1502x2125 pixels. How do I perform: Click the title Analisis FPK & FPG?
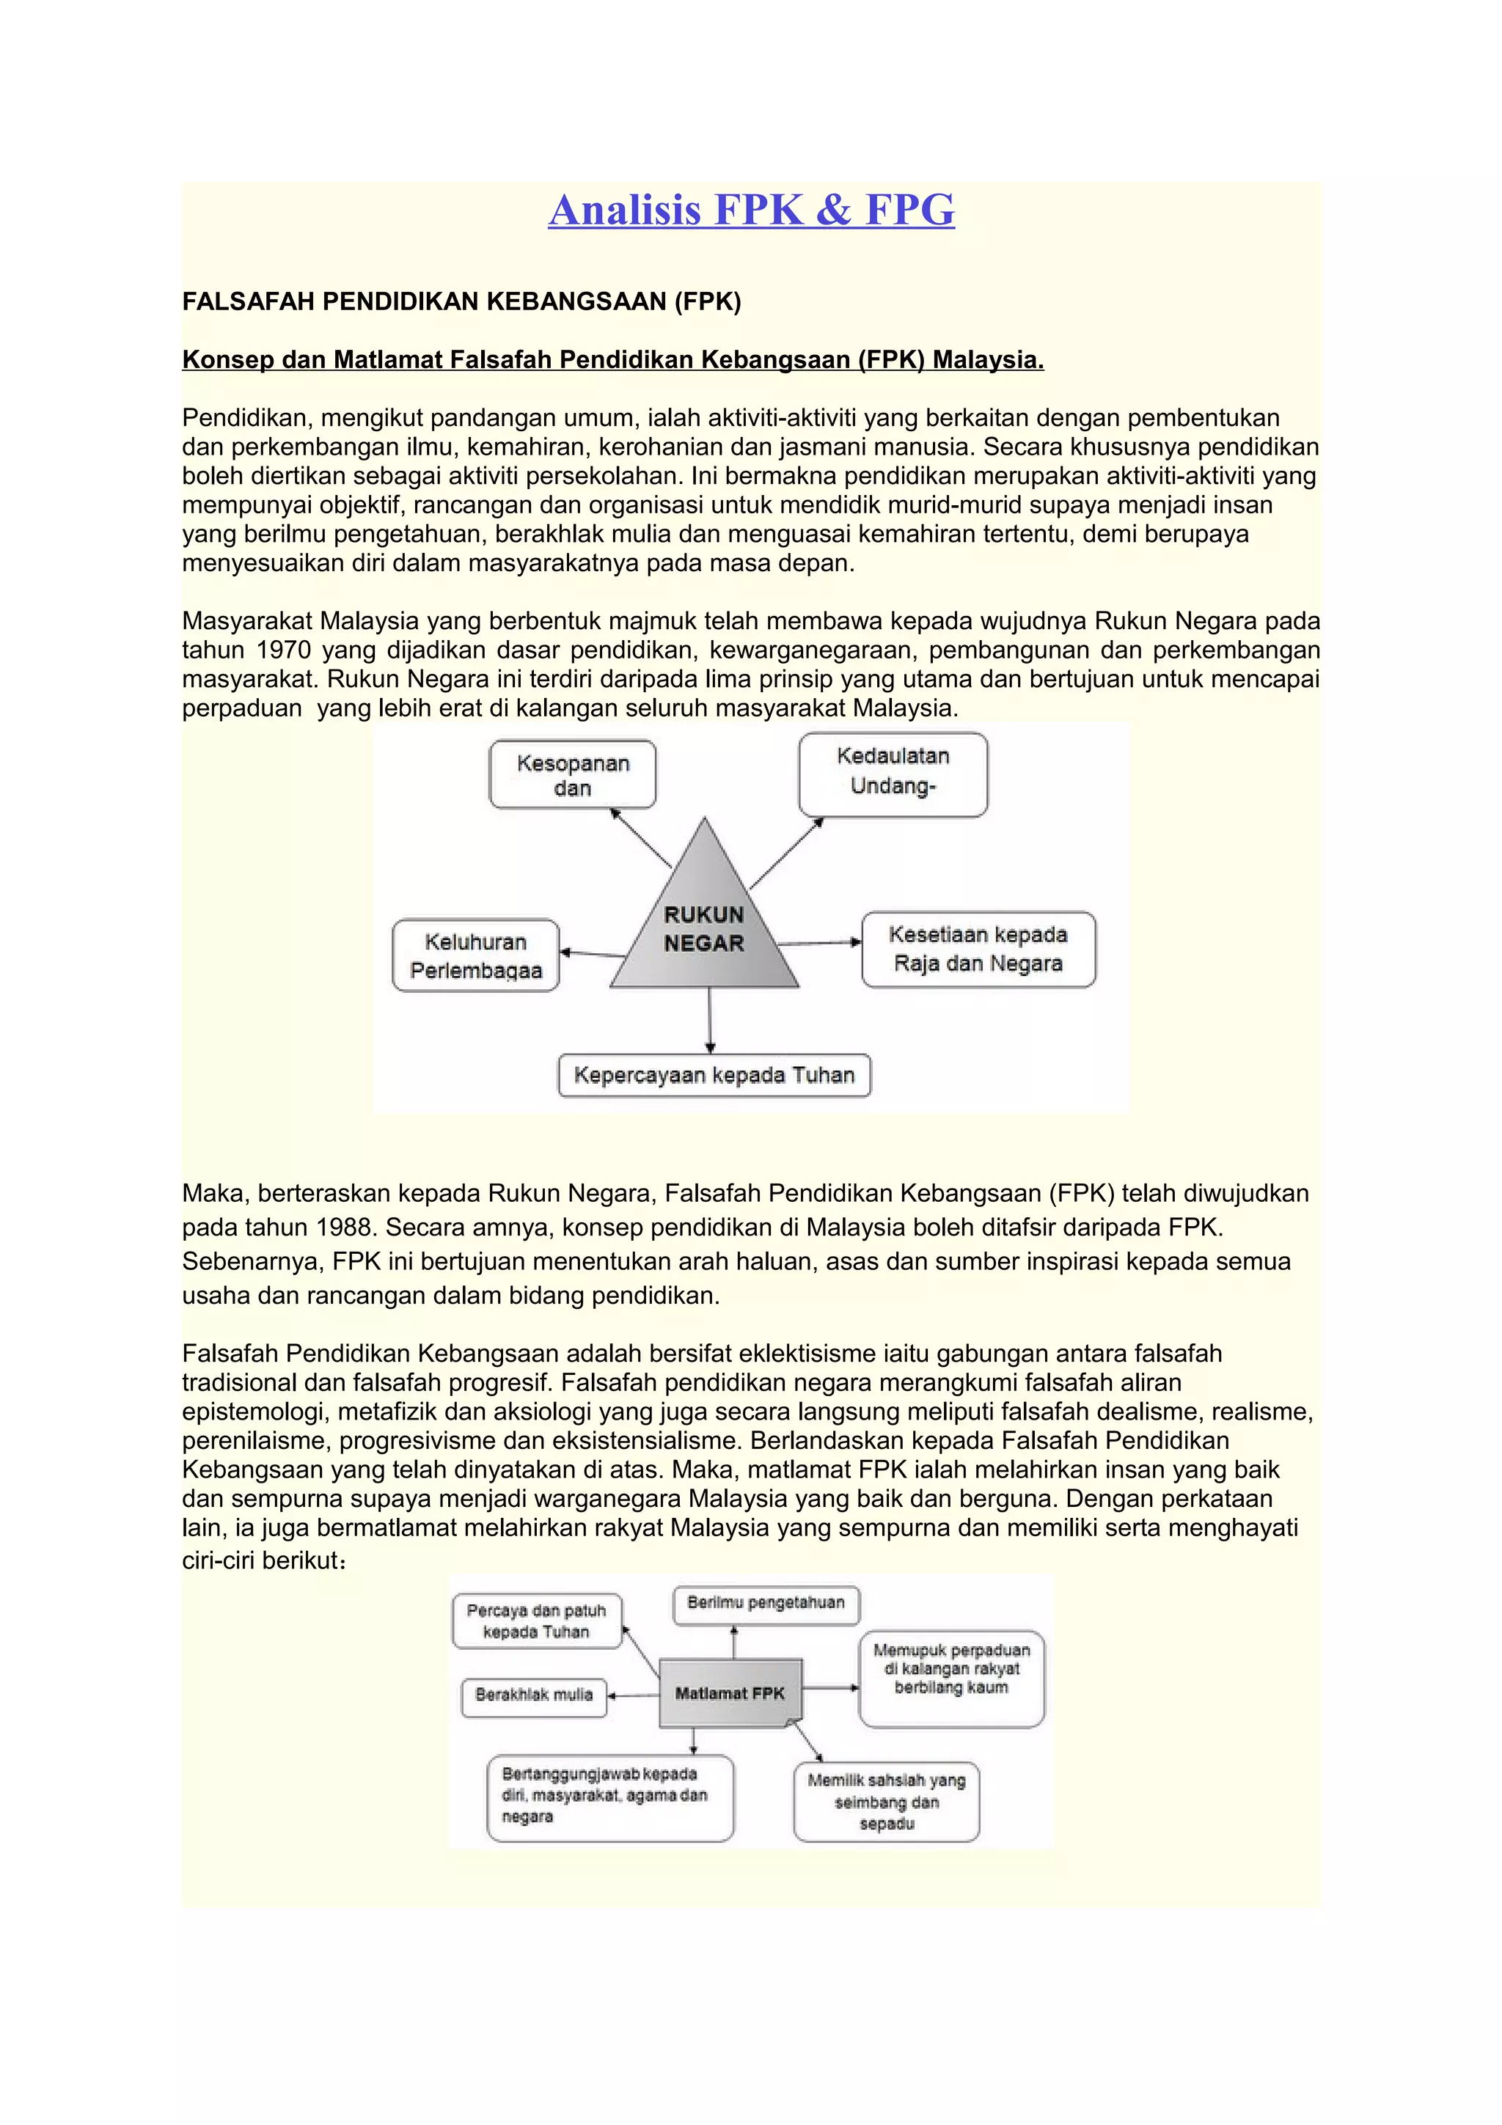coord(750,210)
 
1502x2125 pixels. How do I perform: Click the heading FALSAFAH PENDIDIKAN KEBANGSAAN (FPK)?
coord(461,301)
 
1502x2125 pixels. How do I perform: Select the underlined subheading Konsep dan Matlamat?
coord(612,360)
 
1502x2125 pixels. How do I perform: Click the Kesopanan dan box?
coord(572,774)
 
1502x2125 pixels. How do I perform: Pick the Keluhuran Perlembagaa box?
coord(476,955)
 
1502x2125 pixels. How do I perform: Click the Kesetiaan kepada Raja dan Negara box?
coord(978,949)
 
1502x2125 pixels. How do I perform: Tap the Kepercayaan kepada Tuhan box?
coord(714,1076)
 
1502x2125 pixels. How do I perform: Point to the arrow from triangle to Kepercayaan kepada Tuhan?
coord(710,1020)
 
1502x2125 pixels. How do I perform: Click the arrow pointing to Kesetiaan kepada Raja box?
coord(820,943)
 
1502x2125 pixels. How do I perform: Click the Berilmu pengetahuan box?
coord(766,1604)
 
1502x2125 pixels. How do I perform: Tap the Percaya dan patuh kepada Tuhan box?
coord(536,1621)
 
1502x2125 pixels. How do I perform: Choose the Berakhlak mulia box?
coord(533,1695)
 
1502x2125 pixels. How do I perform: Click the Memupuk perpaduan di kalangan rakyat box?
coord(950,1676)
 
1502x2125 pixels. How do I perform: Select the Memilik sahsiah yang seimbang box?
coord(886,1801)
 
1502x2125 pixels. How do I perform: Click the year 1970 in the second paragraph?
coord(283,650)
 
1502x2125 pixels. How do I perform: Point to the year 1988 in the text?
coord(345,1228)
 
